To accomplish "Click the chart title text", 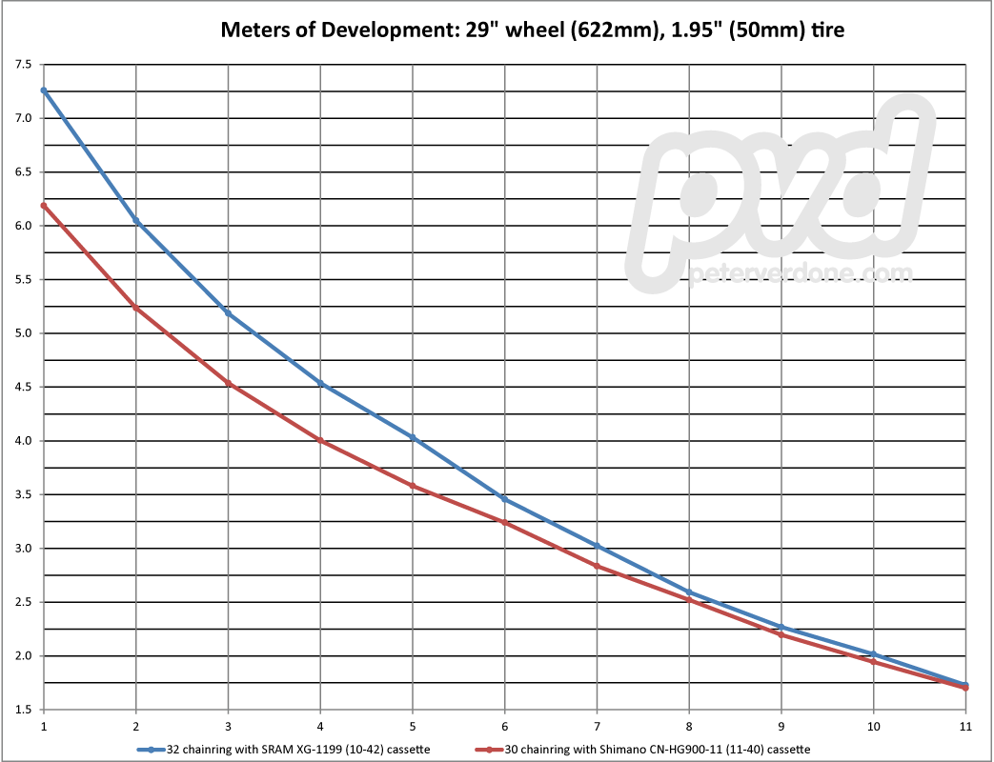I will point(533,30).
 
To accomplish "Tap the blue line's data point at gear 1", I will point(44,90).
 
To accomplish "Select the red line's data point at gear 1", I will point(44,205).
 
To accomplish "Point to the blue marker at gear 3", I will point(229,313).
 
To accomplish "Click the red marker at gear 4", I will point(321,441).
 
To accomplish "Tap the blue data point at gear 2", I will point(136,221).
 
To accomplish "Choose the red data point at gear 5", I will point(413,486).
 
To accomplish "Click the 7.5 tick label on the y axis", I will point(22,65).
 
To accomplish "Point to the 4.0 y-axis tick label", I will point(22,441).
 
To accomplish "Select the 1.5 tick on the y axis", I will point(22,710).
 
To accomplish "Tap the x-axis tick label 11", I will point(965,725).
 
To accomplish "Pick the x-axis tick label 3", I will point(229,725).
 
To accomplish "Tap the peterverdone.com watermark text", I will point(799,274).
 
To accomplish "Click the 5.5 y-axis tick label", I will point(22,280).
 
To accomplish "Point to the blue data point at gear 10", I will point(874,653).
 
